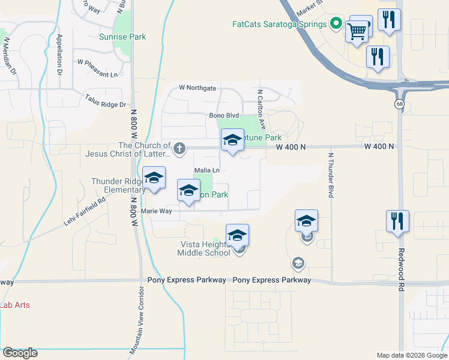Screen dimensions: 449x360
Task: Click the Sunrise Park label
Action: (x=123, y=37)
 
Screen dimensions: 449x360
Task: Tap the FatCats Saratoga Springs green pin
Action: (x=336, y=25)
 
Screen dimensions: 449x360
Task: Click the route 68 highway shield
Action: (x=399, y=104)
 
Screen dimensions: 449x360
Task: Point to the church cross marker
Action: (x=179, y=148)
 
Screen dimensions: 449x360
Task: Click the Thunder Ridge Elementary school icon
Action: (x=154, y=178)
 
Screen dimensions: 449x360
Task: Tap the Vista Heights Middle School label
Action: (x=204, y=248)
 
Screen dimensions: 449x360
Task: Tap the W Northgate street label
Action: (x=197, y=88)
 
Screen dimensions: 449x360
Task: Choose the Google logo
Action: (x=20, y=353)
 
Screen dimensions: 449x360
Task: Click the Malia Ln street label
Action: (x=205, y=170)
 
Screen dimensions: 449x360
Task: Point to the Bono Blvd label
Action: (x=224, y=115)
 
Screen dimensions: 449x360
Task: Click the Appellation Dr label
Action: (x=59, y=55)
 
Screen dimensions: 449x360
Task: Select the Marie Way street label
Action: (x=156, y=211)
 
